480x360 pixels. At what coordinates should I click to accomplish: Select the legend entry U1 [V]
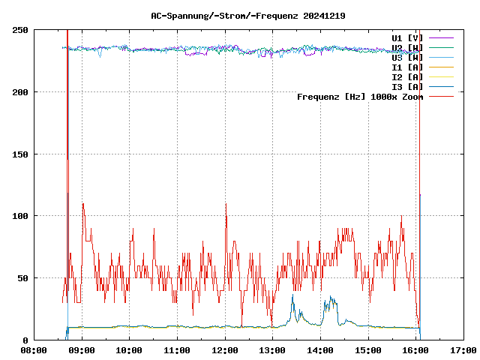coord(407,37)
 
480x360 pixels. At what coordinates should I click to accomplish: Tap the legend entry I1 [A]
coord(407,67)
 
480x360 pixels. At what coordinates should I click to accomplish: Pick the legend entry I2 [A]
coord(407,76)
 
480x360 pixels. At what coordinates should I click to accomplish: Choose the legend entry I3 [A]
coord(407,86)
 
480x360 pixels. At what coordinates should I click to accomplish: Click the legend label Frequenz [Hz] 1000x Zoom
coord(360,96)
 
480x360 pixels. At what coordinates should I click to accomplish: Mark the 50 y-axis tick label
coord(23,278)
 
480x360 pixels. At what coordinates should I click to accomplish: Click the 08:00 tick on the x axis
coord(34,350)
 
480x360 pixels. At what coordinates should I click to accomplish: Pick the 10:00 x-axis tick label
coord(129,350)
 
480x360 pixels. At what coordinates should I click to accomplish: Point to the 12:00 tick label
coord(224,350)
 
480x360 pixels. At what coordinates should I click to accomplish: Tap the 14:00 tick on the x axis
coord(320,350)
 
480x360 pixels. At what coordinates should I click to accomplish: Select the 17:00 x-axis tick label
coord(463,350)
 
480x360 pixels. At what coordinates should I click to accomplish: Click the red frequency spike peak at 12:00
coord(225,203)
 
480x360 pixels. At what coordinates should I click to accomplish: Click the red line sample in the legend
coord(442,96)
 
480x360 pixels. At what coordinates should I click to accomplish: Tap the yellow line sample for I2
coord(442,76)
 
